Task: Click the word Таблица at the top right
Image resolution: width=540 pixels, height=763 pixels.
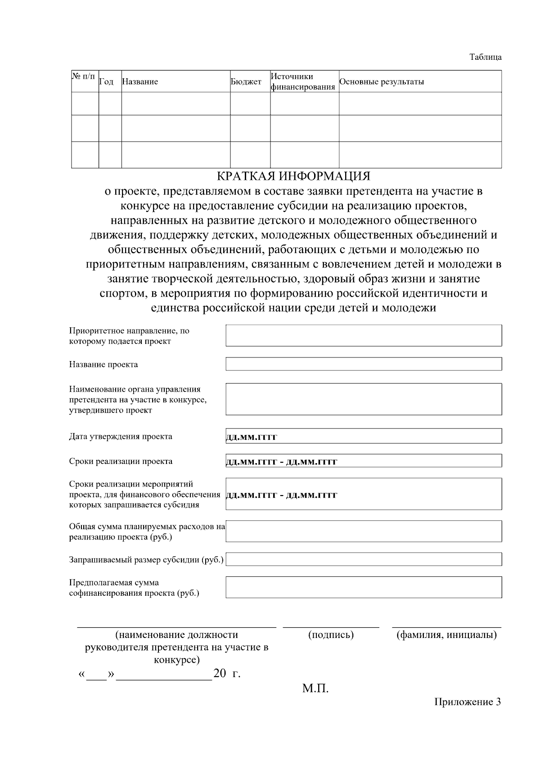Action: (x=485, y=57)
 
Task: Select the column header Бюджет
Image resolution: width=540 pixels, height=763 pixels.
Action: (x=246, y=82)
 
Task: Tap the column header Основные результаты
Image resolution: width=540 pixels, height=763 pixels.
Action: (x=382, y=82)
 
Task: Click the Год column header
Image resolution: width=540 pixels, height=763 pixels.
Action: (x=106, y=82)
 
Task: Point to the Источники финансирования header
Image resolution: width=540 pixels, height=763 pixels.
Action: (x=303, y=81)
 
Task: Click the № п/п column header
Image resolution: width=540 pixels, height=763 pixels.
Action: (x=84, y=76)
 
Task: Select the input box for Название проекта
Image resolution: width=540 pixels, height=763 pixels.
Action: (x=364, y=364)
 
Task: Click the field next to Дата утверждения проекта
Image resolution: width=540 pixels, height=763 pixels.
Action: (x=364, y=436)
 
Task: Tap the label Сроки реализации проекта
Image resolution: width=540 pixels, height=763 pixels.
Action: (x=121, y=461)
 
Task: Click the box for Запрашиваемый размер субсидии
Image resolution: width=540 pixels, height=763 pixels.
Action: (x=364, y=559)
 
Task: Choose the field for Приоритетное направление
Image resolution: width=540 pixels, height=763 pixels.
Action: (x=364, y=335)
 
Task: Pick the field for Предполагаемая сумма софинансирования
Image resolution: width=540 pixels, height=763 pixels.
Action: (x=364, y=587)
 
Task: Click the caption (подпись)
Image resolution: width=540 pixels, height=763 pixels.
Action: (x=331, y=635)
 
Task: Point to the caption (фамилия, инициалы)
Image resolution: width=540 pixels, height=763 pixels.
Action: (x=446, y=635)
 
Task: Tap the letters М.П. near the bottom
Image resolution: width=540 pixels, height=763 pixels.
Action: (x=315, y=688)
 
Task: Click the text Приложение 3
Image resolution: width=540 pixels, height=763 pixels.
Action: (x=467, y=702)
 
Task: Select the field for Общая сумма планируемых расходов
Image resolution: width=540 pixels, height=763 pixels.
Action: (x=364, y=531)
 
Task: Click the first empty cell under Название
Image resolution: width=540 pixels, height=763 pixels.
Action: (x=175, y=103)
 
